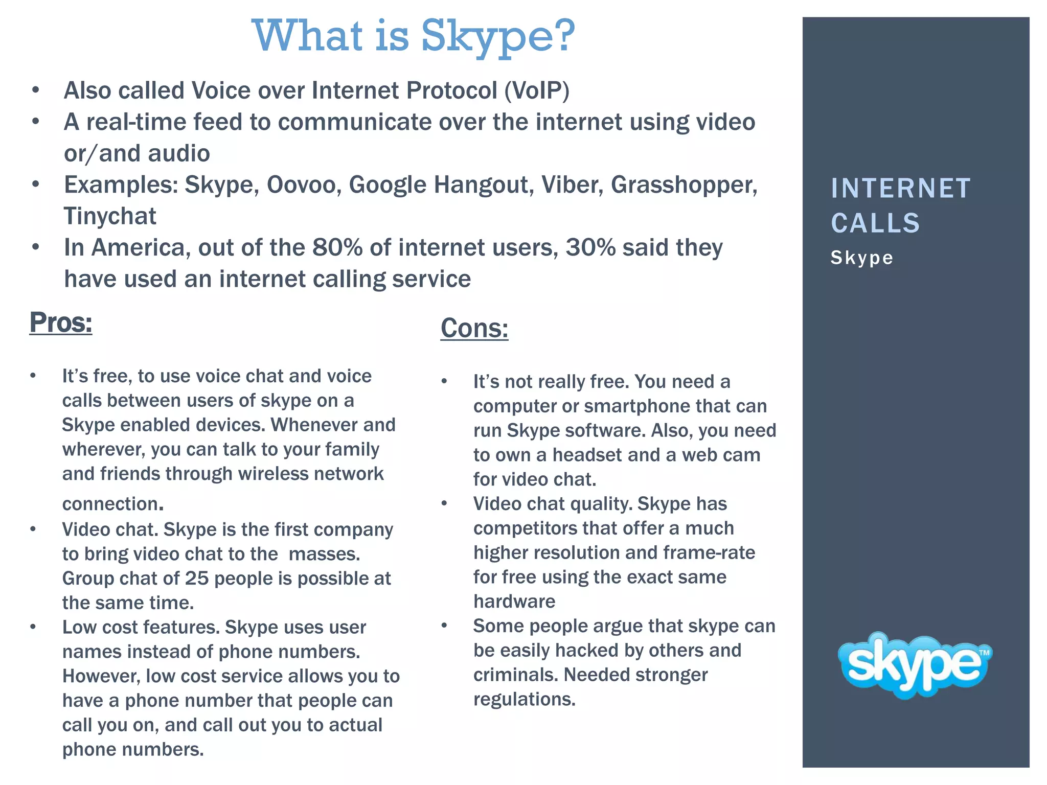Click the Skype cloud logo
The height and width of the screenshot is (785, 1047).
pyautogui.click(x=914, y=664)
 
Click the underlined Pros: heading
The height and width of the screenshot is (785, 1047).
pyautogui.click(x=61, y=322)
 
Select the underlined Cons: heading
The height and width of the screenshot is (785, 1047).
pyautogui.click(x=474, y=328)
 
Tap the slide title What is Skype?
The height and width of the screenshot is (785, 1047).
pyautogui.click(x=414, y=36)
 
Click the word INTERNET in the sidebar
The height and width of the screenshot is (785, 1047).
pyautogui.click(x=900, y=188)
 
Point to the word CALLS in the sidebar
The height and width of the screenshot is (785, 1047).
pyautogui.click(x=875, y=223)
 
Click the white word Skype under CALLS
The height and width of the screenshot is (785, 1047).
pyautogui.click(x=861, y=258)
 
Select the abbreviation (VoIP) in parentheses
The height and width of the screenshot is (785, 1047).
pyautogui.click(x=536, y=90)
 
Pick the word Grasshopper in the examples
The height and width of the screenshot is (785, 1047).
pyautogui.click(x=684, y=184)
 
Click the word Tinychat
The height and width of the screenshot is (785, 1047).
pyautogui.click(x=109, y=216)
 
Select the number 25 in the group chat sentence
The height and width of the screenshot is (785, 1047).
pyautogui.click(x=197, y=579)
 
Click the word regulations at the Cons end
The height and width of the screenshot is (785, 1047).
pyautogui.click(x=524, y=699)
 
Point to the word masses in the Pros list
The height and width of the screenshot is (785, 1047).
pyautogui.click(x=324, y=554)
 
